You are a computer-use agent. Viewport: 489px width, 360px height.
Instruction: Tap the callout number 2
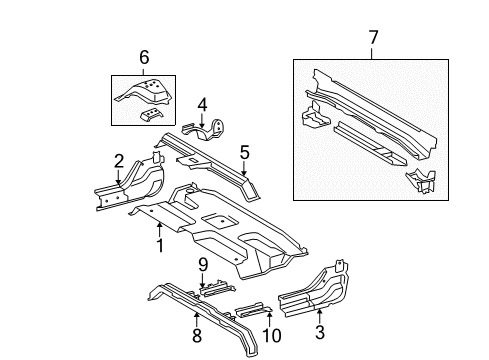[119, 161]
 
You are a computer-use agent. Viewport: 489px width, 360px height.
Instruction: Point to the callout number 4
[202, 103]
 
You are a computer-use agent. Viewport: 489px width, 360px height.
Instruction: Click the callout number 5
[243, 152]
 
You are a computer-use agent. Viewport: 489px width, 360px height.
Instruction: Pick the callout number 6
[144, 58]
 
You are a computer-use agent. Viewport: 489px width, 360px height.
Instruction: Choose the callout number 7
[373, 38]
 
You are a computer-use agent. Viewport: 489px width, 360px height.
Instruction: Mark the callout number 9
[202, 266]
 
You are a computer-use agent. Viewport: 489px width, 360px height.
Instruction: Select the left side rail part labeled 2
[130, 190]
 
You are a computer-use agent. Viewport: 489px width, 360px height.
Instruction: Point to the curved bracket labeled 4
[212, 130]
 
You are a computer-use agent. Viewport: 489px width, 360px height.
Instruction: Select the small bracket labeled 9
[213, 286]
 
